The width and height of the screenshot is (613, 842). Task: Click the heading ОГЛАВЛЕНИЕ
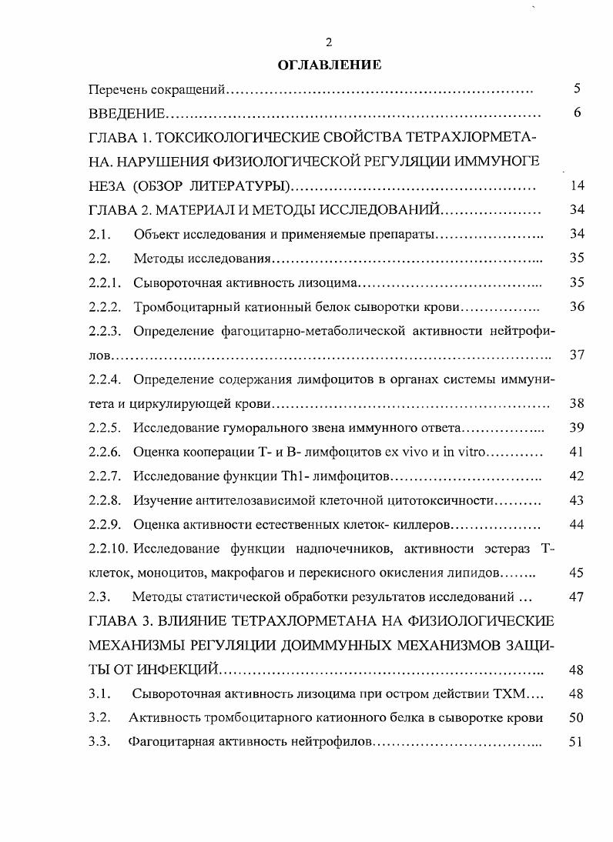pyautogui.click(x=329, y=65)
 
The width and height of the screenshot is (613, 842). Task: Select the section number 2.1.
pyautogui.click(x=99, y=234)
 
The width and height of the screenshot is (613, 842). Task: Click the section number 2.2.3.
pyautogui.click(x=105, y=331)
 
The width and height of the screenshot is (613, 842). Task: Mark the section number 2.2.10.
pyautogui.click(x=108, y=549)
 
